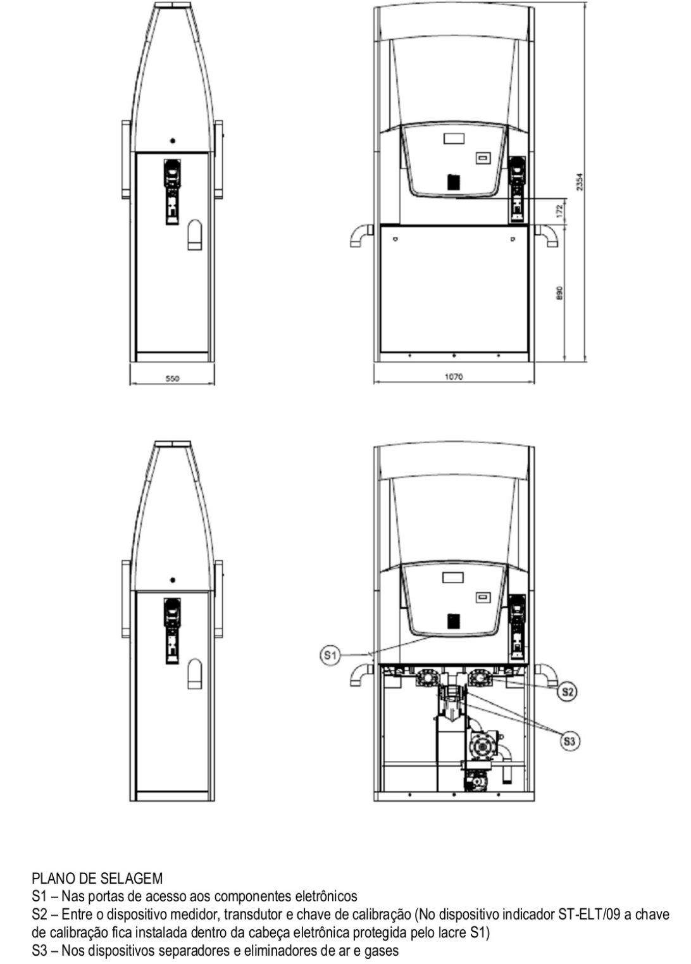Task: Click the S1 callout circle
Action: [x=330, y=656]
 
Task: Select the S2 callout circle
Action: [x=568, y=692]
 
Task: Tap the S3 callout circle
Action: [x=570, y=741]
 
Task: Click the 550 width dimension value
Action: [x=172, y=379]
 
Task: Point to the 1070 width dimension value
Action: [x=454, y=377]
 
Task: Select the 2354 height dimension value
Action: [x=580, y=182]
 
